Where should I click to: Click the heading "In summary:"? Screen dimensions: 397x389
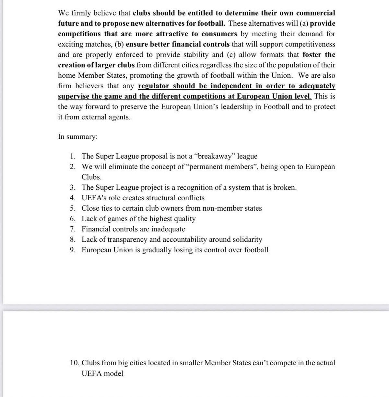pos(77,137)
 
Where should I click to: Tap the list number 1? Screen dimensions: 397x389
pos(73,156)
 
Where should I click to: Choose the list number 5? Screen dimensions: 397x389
pos(73,208)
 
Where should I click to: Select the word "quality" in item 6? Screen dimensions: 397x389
pos(184,219)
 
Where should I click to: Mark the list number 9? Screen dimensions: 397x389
pos(73,250)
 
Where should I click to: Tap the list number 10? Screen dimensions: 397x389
pos(74,363)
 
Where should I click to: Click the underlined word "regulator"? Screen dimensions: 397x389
pos(154,86)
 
